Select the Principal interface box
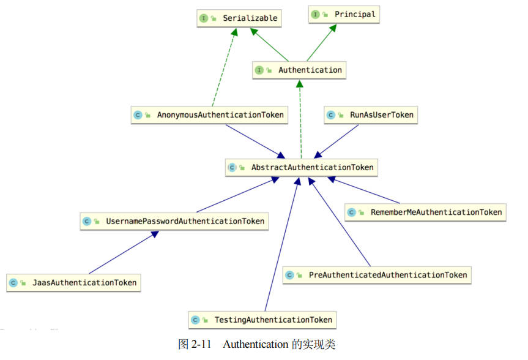click(343, 14)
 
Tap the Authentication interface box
click(299, 70)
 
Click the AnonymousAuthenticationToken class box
click(209, 115)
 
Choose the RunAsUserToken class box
click(371, 114)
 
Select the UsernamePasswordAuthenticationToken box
click(174, 221)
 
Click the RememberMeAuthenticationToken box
click(425, 212)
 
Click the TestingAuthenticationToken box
click(262, 320)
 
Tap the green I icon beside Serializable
click(203, 18)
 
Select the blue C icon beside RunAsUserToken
click(331, 114)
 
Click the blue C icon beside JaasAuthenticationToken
click(13, 283)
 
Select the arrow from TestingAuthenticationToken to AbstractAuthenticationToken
click(281, 245)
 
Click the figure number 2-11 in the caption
click(201, 344)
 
